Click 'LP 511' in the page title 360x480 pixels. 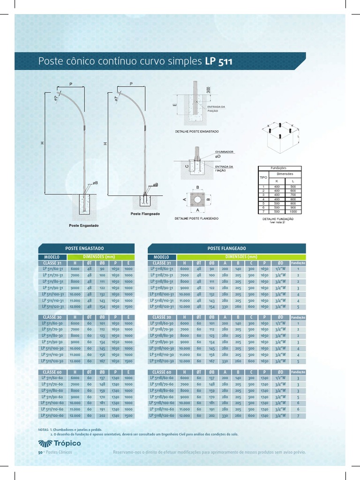(218, 62)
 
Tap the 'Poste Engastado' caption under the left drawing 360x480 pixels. (84, 225)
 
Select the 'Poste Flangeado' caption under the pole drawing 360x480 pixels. (145, 214)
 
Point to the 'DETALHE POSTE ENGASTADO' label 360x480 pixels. (196, 132)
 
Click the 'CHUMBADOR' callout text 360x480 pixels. (224, 152)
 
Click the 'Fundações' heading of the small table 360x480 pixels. (279, 168)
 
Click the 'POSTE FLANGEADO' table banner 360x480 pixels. (226, 248)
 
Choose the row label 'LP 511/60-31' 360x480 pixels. (52, 270)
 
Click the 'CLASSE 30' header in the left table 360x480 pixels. (52, 317)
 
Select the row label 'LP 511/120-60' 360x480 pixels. (52, 415)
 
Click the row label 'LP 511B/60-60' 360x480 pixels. (162, 378)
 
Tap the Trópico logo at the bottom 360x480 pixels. (60, 444)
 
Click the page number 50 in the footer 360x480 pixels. (40, 452)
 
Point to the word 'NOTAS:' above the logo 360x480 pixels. (43, 429)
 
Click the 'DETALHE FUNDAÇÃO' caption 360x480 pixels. (278, 218)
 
